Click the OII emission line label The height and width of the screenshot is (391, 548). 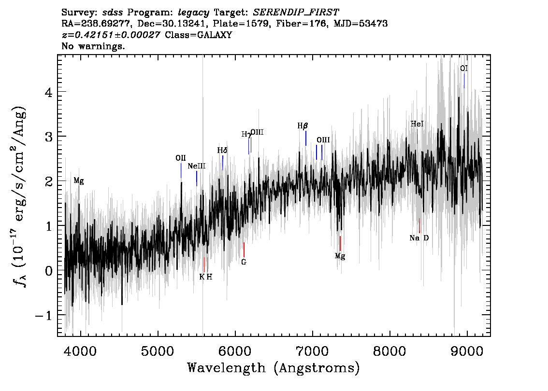click(181, 158)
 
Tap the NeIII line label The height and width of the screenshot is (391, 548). click(196, 166)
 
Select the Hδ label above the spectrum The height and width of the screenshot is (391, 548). click(222, 151)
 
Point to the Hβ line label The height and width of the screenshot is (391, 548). click(303, 126)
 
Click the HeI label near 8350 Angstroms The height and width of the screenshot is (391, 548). click(417, 124)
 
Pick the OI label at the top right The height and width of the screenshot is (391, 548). click(464, 69)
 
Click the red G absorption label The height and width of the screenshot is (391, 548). click(244, 262)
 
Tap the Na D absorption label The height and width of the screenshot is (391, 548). click(419, 238)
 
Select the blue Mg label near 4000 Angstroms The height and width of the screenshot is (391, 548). click(79, 181)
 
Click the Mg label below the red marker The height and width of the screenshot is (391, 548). click(340, 256)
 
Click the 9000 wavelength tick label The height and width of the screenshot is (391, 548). click(466, 351)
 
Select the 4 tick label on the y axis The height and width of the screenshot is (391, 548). click(49, 93)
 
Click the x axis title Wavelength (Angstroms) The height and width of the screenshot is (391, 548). click(274, 368)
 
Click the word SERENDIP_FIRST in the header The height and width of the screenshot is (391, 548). click(296, 13)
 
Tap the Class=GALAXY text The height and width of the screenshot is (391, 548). click(198, 35)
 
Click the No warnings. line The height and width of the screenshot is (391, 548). click(93, 46)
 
